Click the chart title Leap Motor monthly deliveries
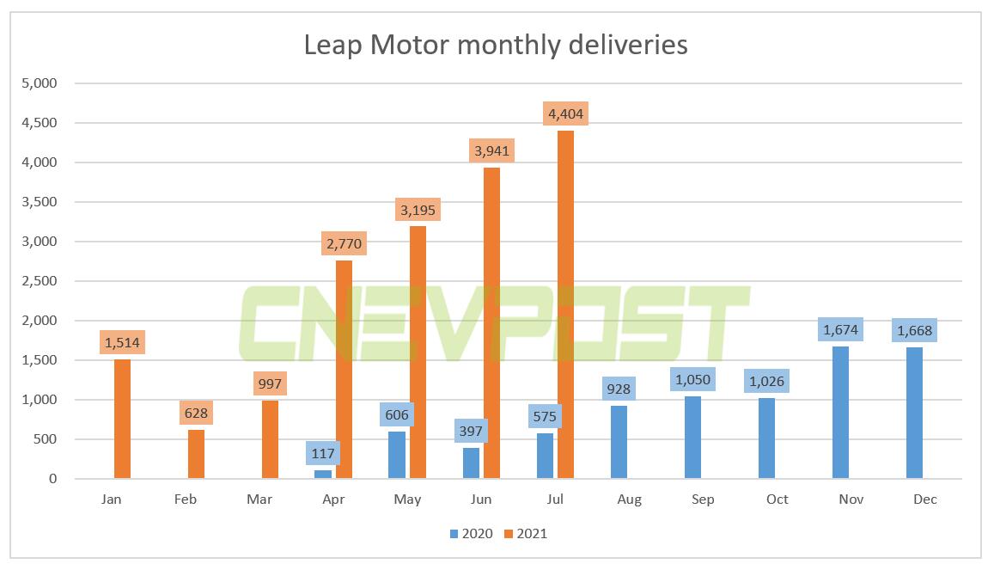pos(496,45)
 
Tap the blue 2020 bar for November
pos(840,413)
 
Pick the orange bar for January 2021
pos(122,419)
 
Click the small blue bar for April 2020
pos(323,474)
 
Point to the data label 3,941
pos(492,151)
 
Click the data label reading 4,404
pos(566,113)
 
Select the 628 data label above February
pos(196,414)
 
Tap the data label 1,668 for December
pos(914,330)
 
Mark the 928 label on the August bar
pos(619,389)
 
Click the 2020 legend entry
pos(471,534)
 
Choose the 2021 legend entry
pos(525,534)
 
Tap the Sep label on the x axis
pos(703,500)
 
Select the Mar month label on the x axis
pos(259,500)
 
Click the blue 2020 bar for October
pos(766,438)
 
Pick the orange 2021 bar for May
pos(418,352)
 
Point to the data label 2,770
pos(345,243)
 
